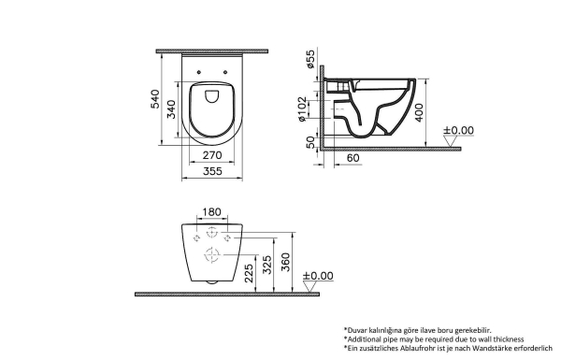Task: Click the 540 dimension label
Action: [x=154, y=99]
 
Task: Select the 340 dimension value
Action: [x=171, y=109]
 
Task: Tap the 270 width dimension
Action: [x=212, y=155]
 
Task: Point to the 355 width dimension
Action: [x=212, y=171]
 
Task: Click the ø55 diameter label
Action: [x=310, y=59]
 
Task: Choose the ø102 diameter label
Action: [x=302, y=108]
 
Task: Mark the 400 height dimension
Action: [x=419, y=113]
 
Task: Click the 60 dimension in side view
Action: [x=353, y=158]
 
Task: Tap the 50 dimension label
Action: [x=310, y=142]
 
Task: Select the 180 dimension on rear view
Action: [x=212, y=212]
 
